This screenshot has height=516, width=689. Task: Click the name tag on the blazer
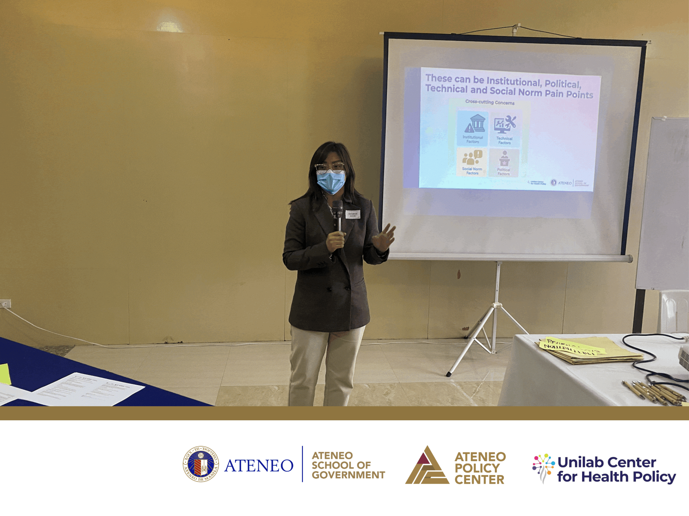352,214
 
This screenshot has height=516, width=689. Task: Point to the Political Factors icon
504,159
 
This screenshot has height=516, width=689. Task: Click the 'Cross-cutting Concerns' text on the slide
490,102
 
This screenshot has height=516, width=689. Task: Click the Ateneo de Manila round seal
201,464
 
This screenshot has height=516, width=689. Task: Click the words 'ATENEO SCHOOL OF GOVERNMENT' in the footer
348,465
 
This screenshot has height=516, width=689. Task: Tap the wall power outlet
5,304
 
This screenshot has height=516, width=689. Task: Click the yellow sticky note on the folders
572,346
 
